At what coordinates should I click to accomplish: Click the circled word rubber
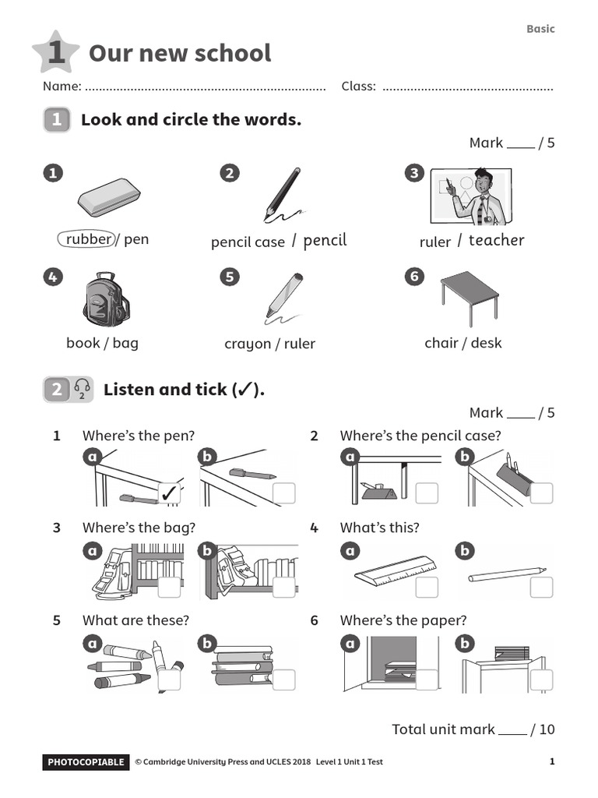pos(87,239)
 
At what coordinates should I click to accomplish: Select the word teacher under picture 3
pos(496,240)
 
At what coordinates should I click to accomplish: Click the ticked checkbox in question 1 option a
pos(169,493)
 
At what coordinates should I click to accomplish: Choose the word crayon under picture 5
pos(248,344)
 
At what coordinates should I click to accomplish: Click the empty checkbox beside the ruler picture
pos(427,587)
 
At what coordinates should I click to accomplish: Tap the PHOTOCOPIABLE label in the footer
pos(85,762)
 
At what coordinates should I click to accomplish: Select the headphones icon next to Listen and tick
pos(82,389)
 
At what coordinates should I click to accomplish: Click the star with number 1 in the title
pos(55,53)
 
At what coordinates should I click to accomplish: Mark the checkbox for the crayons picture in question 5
pos(169,680)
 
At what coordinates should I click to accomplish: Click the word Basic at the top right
pos(540,29)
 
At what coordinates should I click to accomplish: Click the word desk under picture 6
pos(487,343)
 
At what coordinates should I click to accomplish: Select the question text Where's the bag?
pos(139,528)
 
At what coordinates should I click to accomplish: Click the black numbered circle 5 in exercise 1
pos(229,277)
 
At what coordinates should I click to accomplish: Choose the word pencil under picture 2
pos(325,240)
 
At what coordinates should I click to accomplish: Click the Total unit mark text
pos(443,729)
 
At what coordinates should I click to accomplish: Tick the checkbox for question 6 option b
pos(541,680)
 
